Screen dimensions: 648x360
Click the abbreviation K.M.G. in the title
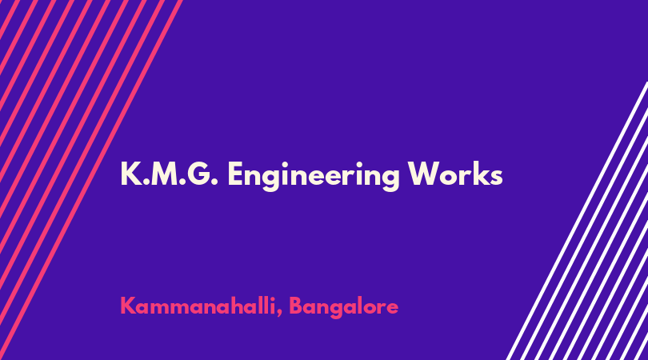tap(169, 174)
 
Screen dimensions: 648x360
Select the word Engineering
tap(314, 176)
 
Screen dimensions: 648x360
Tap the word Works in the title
tap(455, 174)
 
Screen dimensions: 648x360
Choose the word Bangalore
tap(343, 308)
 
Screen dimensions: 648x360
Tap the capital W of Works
tap(425, 174)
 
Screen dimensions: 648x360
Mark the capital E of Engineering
tap(236, 174)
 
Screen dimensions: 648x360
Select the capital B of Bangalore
tap(296, 306)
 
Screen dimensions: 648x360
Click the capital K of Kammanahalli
tap(128, 306)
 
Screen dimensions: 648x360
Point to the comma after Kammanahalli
tap(279, 314)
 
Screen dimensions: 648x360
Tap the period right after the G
tap(214, 182)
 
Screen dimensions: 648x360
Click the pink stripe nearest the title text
tap(91, 180)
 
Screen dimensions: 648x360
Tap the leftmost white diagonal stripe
tap(578, 221)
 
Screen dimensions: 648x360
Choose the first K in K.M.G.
tap(130, 174)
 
